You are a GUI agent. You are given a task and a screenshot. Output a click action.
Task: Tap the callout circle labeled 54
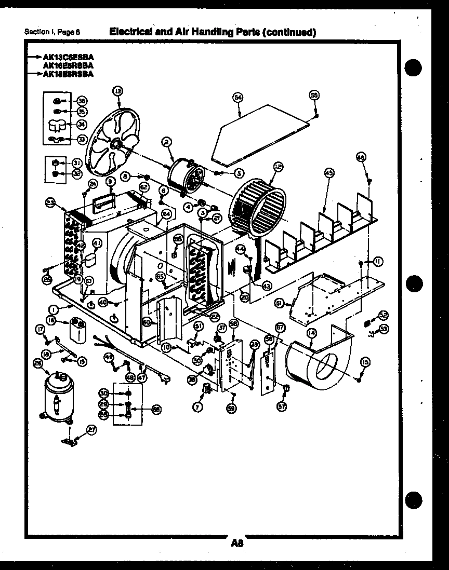238,97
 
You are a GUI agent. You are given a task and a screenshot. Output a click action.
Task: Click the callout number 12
278,166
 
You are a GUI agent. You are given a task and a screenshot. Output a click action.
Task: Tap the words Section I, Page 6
52,32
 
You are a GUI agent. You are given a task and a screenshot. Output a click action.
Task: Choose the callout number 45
328,173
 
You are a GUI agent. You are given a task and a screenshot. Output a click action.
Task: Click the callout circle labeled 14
312,335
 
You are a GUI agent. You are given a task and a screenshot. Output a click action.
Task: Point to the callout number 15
365,362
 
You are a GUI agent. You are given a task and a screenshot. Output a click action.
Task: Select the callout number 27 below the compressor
91,429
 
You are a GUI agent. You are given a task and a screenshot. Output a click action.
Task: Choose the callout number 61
279,303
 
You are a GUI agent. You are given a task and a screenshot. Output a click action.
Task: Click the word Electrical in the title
130,32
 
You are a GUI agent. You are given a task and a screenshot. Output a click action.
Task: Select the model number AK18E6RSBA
69,74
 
